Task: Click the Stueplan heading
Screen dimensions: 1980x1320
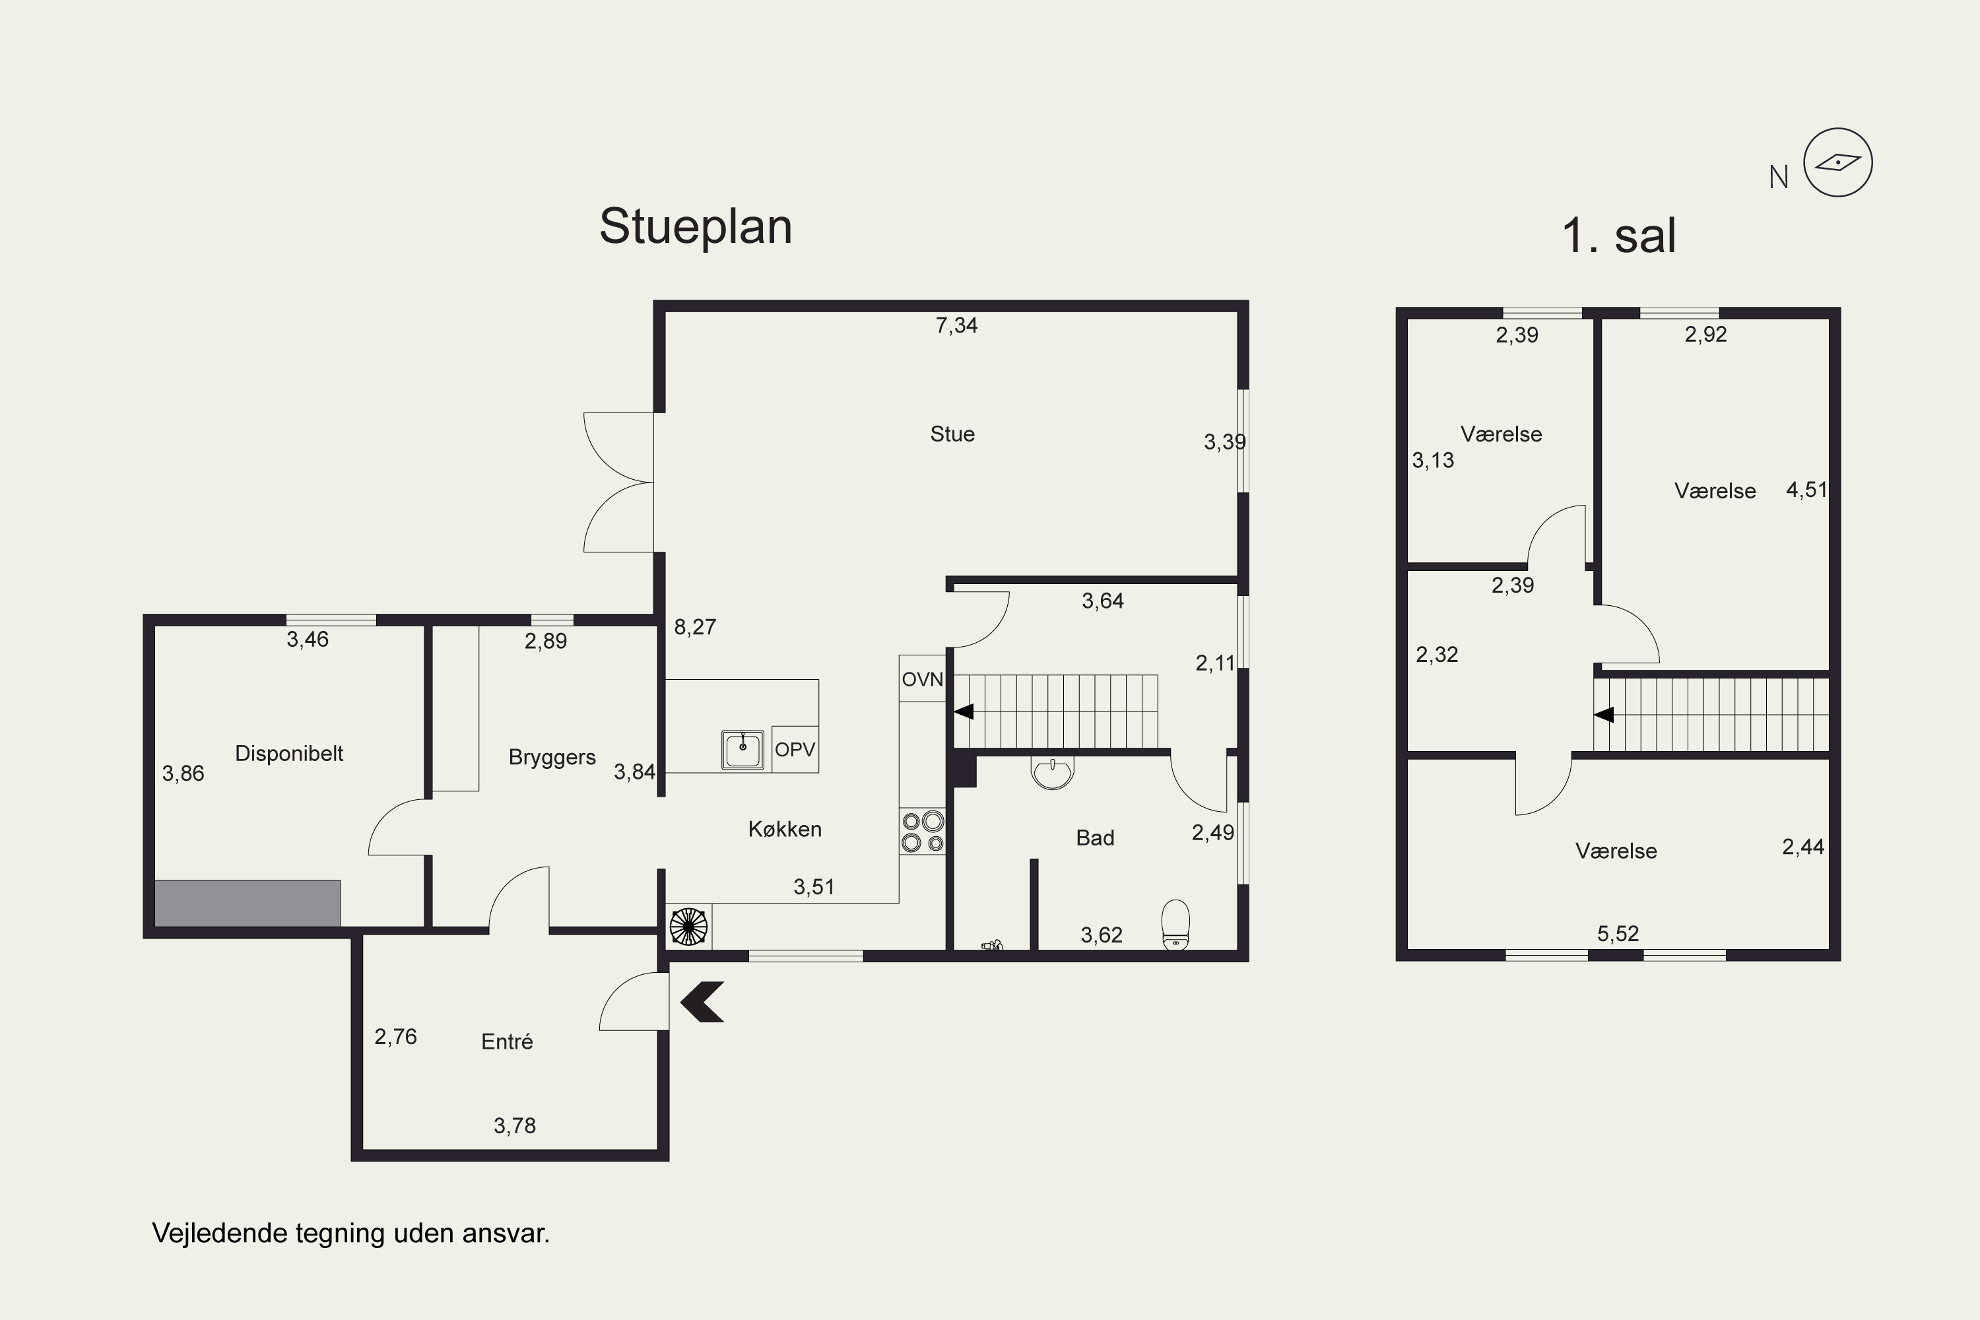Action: coord(696,226)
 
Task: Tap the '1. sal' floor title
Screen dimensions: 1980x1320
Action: coord(1619,235)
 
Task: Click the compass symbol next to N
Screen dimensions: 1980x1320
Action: coord(1837,162)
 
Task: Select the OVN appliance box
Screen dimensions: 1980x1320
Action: coord(922,678)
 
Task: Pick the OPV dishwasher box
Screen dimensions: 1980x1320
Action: coord(795,749)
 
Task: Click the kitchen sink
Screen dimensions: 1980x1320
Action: coord(742,750)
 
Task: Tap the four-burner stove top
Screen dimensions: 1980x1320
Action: coord(923,831)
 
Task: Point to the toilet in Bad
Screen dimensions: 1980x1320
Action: coord(1175,925)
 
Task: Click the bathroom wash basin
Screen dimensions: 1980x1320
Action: coord(1052,773)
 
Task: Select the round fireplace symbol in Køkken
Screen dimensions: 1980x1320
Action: coord(688,927)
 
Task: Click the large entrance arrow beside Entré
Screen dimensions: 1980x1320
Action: coord(702,1002)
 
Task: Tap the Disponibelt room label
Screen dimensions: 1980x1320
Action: coord(289,754)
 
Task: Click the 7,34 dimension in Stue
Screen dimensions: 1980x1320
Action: coord(956,325)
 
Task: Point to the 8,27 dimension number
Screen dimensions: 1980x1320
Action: coord(694,626)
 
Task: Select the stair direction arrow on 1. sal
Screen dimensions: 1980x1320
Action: coord(1604,715)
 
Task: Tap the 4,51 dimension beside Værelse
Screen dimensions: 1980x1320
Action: coord(1806,489)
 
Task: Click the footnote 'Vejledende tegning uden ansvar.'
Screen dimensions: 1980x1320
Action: coord(350,1234)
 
